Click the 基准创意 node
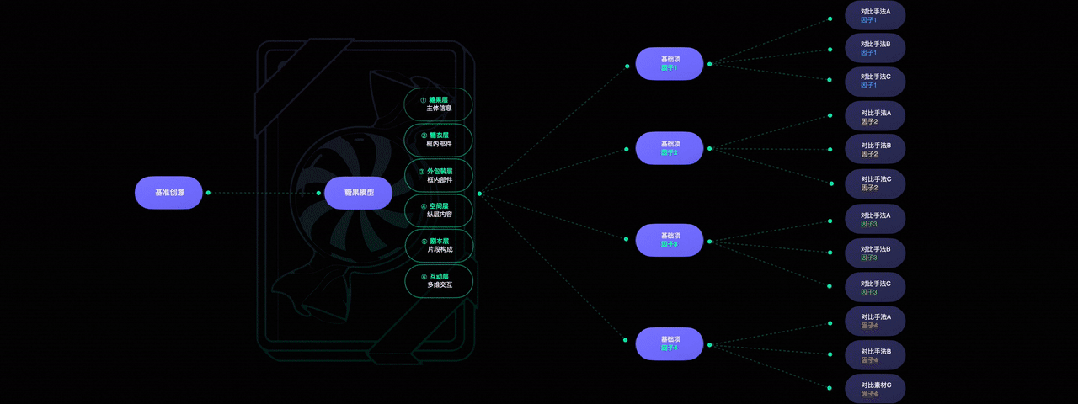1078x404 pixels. [x=168, y=193]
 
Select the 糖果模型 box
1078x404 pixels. [x=358, y=193]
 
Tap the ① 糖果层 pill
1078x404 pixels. [x=439, y=104]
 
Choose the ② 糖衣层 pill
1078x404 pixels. [x=439, y=140]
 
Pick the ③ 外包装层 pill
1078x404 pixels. [x=439, y=175]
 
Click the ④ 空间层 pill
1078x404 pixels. [x=439, y=210]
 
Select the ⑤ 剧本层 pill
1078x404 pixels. [x=439, y=245]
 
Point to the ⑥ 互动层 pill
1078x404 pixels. [x=439, y=280]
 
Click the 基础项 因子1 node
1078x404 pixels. [x=670, y=64]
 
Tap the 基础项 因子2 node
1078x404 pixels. [x=670, y=148]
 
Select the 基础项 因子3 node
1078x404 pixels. [x=670, y=240]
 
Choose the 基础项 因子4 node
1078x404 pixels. [x=670, y=343]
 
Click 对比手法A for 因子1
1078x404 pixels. [x=875, y=16]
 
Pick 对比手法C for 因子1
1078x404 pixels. [x=875, y=81]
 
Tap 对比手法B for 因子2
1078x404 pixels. [x=875, y=150]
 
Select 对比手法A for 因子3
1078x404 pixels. [x=875, y=220]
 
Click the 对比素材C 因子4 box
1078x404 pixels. [x=875, y=389]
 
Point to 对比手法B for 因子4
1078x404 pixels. [x=875, y=354]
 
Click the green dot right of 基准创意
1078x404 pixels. [x=208, y=193]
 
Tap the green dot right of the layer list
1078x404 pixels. [x=479, y=194]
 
